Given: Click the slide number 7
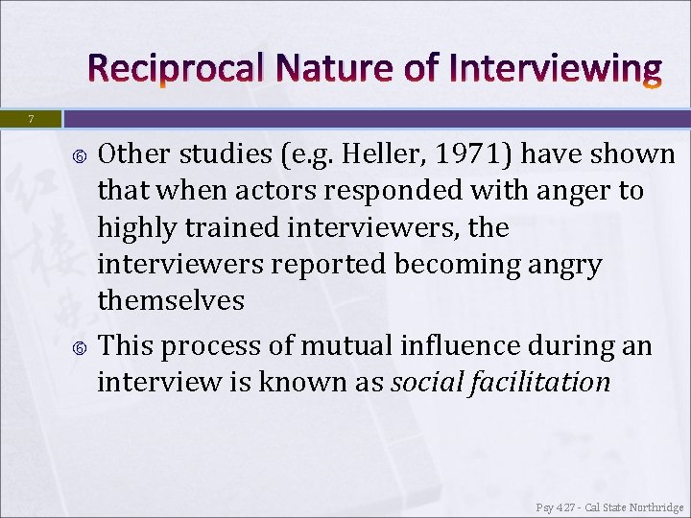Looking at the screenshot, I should [31, 119].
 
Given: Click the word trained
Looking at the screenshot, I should [227, 227].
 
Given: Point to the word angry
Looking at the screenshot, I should [558, 264].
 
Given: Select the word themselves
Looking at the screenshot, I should [171, 300].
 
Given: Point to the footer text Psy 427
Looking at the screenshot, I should [558, 507].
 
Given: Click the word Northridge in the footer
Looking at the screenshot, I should [655, 507].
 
